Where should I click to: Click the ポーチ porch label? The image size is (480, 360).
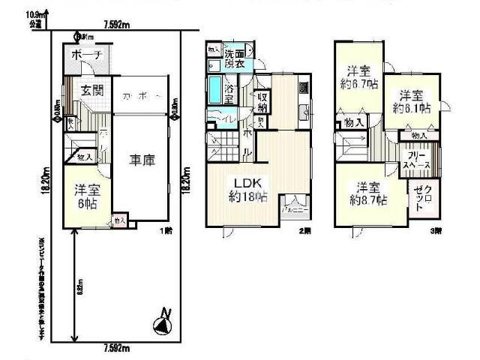(x=86, y=55)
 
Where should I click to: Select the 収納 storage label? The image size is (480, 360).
(x=262, y=100)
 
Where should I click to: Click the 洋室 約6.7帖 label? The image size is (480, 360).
(x=358, y=78)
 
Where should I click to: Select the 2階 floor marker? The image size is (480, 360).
(x=304, y=230)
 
